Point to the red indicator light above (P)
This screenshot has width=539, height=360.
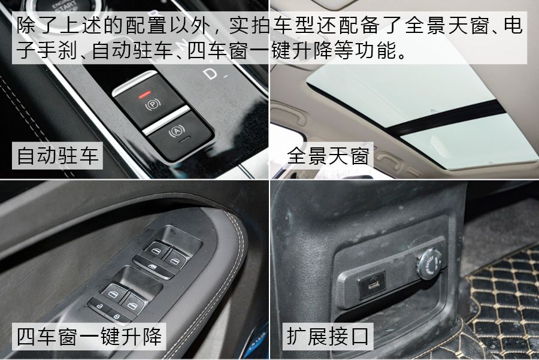click(x=143, y=93)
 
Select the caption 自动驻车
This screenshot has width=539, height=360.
click(x=57, y=156)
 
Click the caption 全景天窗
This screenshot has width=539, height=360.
click(x=328, y=156)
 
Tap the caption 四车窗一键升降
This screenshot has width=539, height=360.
click(x=89, y=336)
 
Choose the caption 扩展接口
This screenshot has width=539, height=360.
click(x=328, y=336)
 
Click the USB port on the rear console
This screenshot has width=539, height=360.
click(x=367, y=283)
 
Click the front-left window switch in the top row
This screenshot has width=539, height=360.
click(x=155, y=252)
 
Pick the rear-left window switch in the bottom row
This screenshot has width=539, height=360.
click(x=111, y=292)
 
